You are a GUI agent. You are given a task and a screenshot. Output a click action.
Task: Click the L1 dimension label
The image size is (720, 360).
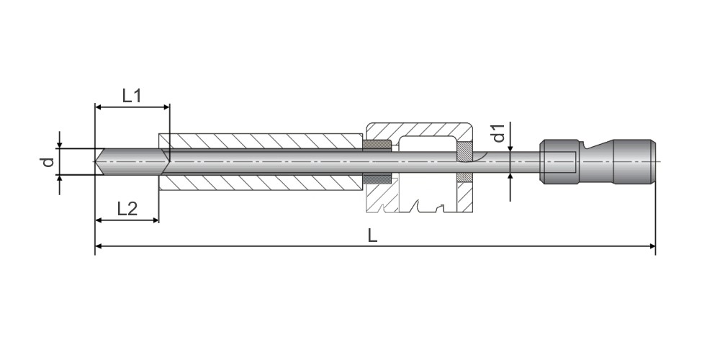(x=131, y=96)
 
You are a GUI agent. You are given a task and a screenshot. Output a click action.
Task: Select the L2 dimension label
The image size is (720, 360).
(x=127, y=210)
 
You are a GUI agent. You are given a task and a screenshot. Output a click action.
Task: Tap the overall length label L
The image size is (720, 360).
(x=372, y=235)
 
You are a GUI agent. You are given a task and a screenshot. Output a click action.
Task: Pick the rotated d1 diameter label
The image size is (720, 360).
(x=499, y=132)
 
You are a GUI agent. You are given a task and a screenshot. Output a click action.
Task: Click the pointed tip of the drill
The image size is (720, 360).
(x=95, y=161)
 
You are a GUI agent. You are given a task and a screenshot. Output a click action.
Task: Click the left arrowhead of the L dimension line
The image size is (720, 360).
(x=98, y=246)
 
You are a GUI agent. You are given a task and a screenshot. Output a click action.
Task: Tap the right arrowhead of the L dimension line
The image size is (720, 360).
(x=652, y=246)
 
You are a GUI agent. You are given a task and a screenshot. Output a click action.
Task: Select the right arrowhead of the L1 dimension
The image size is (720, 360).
(x=166, y=107)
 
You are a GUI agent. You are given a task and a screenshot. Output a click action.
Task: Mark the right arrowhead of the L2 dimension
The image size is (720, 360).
(x=156, y=220)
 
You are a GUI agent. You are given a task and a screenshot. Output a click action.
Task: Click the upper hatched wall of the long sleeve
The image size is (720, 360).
(x=261, y=141)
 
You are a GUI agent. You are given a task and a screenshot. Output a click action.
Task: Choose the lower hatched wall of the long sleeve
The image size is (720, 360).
(x=261, y=182)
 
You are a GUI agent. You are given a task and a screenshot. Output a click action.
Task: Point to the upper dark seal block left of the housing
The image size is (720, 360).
(x=377, y=145)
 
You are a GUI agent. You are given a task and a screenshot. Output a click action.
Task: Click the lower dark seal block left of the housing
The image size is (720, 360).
(x=377, y=178)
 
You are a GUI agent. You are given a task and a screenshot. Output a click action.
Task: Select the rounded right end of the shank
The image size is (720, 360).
(x=653, y=161)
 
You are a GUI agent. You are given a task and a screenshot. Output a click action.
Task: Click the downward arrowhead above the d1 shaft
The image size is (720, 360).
(x=510, y=148)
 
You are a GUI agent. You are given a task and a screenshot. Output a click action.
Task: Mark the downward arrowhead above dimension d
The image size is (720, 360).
(x=59, y=145)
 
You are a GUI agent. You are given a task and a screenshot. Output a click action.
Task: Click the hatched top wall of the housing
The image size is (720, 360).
(x=419, y=130)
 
